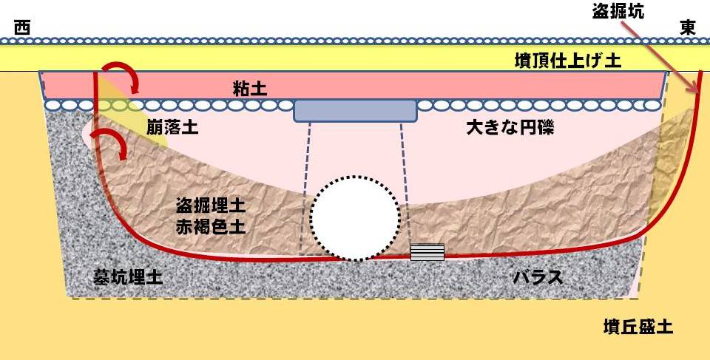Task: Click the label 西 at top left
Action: click(21, 28)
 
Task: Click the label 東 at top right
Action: click(687, 28)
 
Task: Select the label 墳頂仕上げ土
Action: click(568, 60)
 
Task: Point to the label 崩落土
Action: click(172, 128)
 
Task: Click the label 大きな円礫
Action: click(510, 128)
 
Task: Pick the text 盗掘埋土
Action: click(211, 206)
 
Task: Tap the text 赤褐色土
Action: click(211, 226)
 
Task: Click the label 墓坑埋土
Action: click(128, 276)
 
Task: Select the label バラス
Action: click(538, 276)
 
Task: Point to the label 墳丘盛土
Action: click(638, 327)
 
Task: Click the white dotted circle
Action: click(356, 218)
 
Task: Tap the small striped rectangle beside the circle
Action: click(427, 252)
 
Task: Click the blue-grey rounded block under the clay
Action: click(355, 111)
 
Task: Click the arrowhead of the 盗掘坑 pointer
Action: click(694, 87)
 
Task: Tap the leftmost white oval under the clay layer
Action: click(53, 105)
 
